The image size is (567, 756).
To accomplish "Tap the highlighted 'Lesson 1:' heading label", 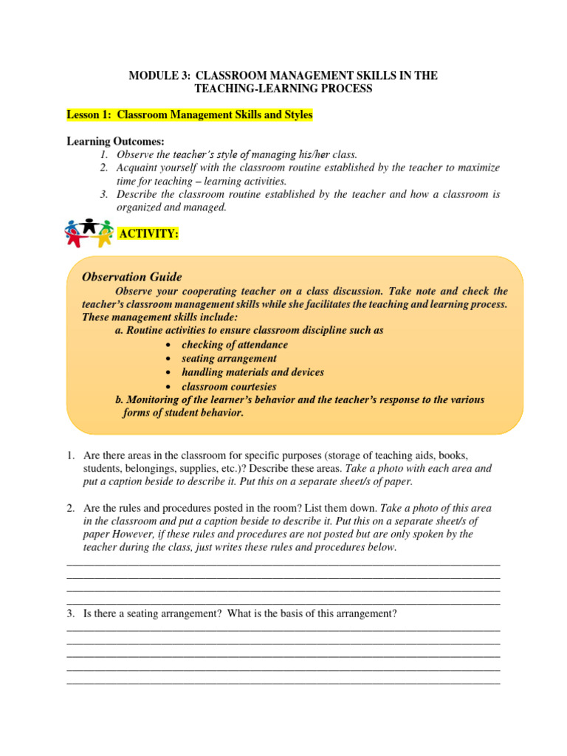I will pyautogui.click(x=89, y=115).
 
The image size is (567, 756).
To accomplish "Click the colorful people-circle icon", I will pyautogui.click(x=89, y=233).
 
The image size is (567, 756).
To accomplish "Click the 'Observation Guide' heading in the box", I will pyautogui.click(x=132, y=277).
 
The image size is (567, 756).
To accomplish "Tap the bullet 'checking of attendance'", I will pyautogui.click(x=235, y=345).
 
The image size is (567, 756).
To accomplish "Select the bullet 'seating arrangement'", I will pyautogui.click(x=229, y=359).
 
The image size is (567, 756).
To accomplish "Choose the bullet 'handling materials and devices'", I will pyautogui.click(x=252, y=372).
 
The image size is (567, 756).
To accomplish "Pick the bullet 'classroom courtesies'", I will pyautogui.click(x=229, y=386).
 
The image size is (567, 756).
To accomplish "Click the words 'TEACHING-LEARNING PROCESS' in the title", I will pyautogui.click(x=283, y=89).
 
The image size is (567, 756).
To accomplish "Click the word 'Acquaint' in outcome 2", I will pyautogui.click(x=138, y=168).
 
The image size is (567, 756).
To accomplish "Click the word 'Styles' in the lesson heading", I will pyautogui.click(x=295, y=115).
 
